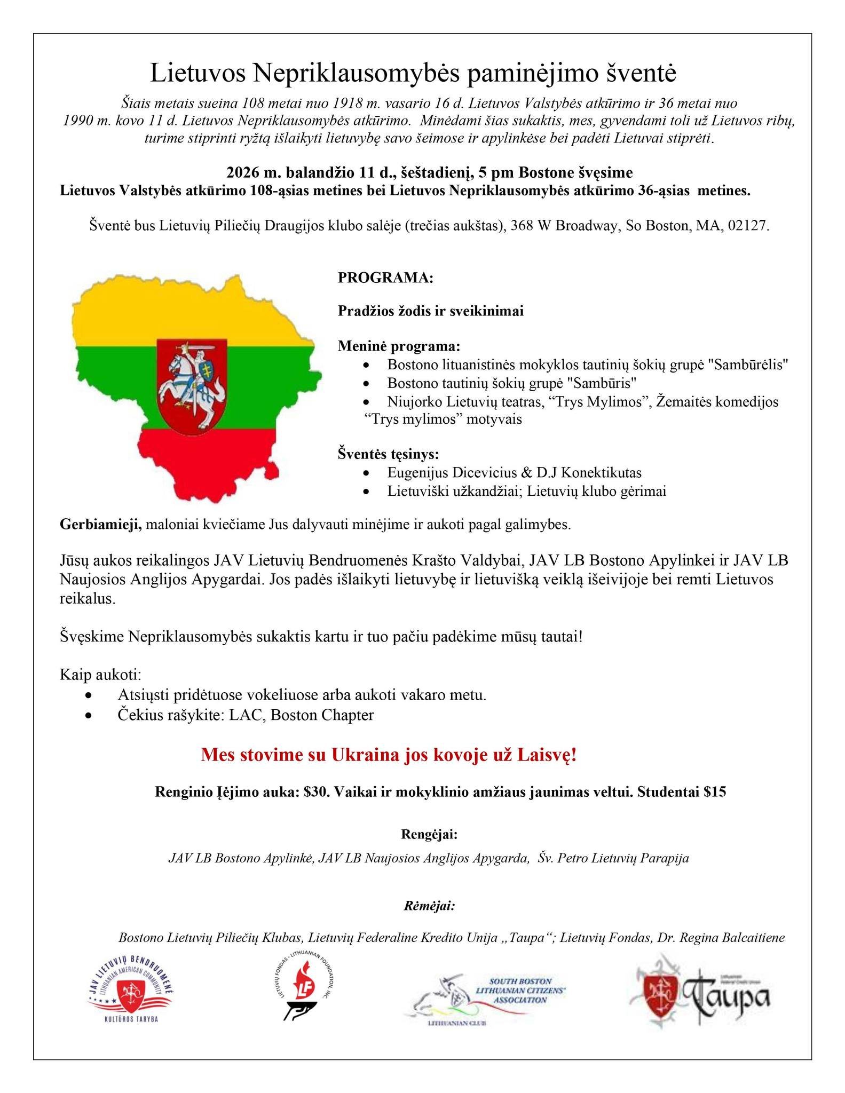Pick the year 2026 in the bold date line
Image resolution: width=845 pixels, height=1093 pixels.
coord(244,173)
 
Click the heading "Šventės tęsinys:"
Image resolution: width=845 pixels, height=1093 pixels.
coord(389,454)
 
